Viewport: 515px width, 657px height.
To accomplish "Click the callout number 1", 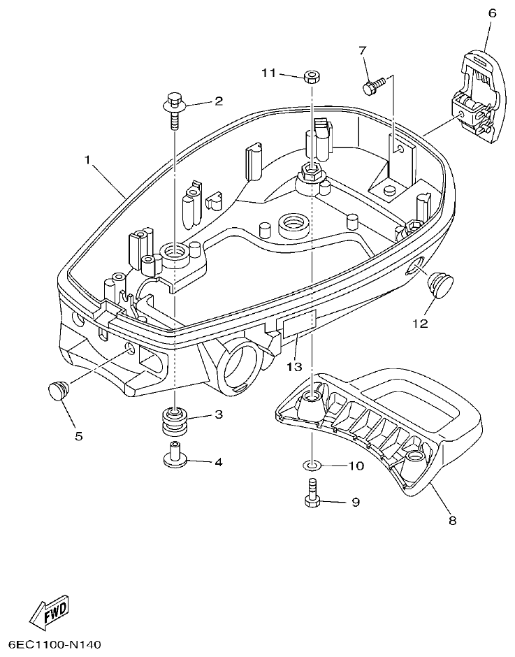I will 88,160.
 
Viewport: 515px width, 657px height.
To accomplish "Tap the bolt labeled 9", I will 312,493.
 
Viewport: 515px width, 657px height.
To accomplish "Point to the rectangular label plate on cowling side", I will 297,322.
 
